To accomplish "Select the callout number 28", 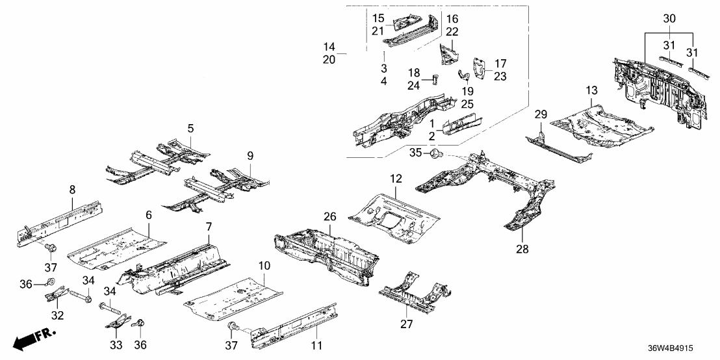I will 523,249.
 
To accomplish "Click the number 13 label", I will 591,90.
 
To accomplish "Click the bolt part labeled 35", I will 437,155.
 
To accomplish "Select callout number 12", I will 396,178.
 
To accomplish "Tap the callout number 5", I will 190,129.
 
